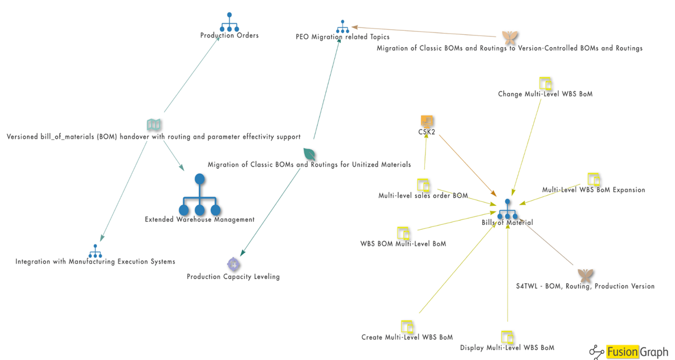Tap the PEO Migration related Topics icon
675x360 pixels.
tap(343, 26)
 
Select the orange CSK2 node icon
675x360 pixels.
tap(427, 121)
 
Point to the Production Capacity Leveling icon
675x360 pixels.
tap(234, 264)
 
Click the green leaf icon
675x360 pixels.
tap(309, 154)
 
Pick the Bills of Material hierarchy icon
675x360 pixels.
tap(507, 210)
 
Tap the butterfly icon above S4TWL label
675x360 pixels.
tap(585, 275)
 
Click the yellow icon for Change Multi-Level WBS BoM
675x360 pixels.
tap(545, 84)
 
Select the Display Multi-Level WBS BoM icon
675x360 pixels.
tap(507, 337)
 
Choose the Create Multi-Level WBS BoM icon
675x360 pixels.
tap(407, 326)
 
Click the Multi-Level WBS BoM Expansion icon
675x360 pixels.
tap(594, 179)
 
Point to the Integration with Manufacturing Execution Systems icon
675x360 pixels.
tap(95, 251)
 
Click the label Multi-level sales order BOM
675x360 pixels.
tap(423, 196)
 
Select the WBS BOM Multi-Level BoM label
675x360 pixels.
tap(403, 243)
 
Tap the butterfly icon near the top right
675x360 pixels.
tap(510, 38)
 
